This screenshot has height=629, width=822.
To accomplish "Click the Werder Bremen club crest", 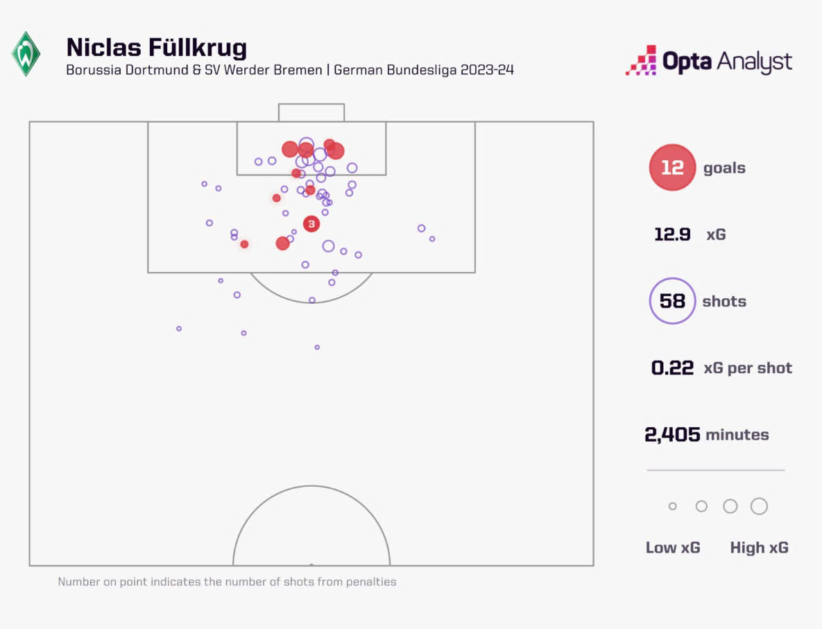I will [x=26, y=54].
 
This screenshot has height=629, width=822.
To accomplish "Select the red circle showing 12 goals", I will [x=671, y=167].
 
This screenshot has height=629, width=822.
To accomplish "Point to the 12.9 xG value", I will [x=672, y=234].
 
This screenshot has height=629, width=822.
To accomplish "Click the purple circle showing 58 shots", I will [x=671, y=301].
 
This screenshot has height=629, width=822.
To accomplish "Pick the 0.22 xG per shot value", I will [x=672, y=368].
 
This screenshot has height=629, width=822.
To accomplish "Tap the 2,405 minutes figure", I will [x=671, y=435].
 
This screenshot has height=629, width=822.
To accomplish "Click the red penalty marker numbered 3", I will [x=311, y=223].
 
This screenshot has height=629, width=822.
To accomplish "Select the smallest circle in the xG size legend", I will [x=672, y=506].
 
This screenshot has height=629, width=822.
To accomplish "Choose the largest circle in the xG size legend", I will [x=759, y=506].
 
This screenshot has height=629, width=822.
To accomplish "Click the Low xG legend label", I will [x=673, y=548].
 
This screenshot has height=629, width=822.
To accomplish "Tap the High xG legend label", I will [x=759, y=548].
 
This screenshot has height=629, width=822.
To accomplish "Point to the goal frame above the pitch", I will [x=311, y=112].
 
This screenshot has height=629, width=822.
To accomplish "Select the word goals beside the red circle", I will [x=724, y=168].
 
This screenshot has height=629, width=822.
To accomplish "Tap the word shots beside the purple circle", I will [x=724, y=302].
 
